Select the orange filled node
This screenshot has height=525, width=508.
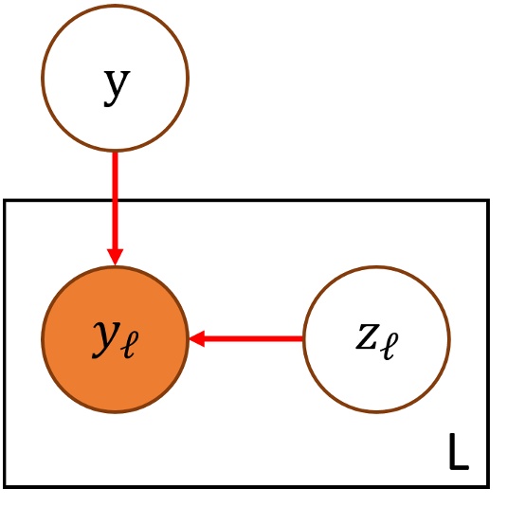tap(116, 338)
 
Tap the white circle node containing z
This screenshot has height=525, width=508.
tap(376, 338)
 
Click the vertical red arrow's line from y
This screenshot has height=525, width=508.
tap(116, 199)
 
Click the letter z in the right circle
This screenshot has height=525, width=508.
tap(368, 337)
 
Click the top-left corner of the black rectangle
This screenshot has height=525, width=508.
tap(6, 200)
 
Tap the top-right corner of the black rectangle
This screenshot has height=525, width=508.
tap(488, 200)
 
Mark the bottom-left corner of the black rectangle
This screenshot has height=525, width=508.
tap(6, 485)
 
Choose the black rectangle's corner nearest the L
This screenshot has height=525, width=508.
tap(488, 485)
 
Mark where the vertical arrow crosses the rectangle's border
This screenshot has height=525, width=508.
tap(116, 200)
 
